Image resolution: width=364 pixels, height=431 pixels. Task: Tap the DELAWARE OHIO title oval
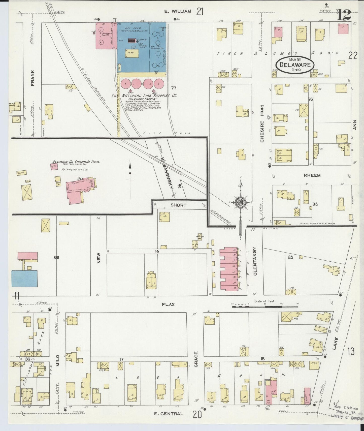294,65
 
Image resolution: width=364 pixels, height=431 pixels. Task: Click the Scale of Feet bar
264,306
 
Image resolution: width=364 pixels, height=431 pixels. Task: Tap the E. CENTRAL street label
169,413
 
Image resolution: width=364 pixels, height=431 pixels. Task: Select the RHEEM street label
312,175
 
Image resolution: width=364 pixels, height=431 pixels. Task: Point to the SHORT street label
178,205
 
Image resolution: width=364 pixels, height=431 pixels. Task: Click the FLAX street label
169,304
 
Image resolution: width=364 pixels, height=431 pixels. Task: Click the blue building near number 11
24,279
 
